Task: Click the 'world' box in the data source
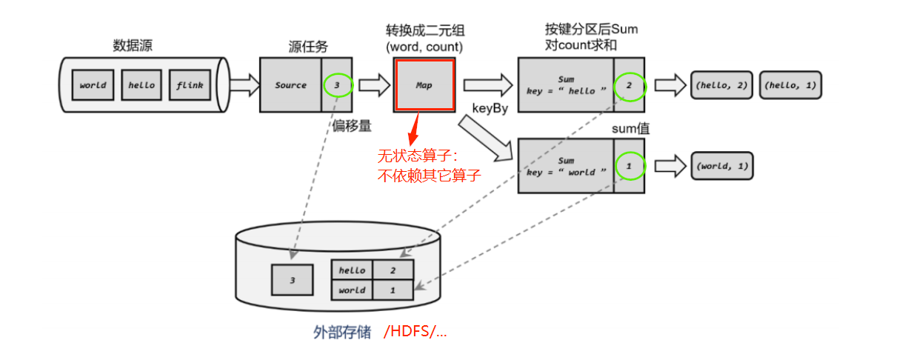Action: [93, 85]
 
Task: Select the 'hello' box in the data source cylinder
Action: [141, 85]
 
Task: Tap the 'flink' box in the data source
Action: [190, 85]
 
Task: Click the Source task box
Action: [291, 85]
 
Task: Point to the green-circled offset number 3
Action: [337, 85]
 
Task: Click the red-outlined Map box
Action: [424, 85]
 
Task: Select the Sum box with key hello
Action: [567, 85]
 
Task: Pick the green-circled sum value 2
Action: [630, 87]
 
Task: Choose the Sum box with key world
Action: [567, 166]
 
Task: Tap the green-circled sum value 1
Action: [630, 166]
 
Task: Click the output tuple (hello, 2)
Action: [721, 85]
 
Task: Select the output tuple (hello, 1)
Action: [791, 85]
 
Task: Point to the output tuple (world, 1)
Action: [721, 166]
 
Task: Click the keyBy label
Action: [490, 108]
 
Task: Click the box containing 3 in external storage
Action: [292, 280]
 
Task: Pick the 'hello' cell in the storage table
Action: [352, 270]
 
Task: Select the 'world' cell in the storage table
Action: [352, 290]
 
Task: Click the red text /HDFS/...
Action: [415, 331]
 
